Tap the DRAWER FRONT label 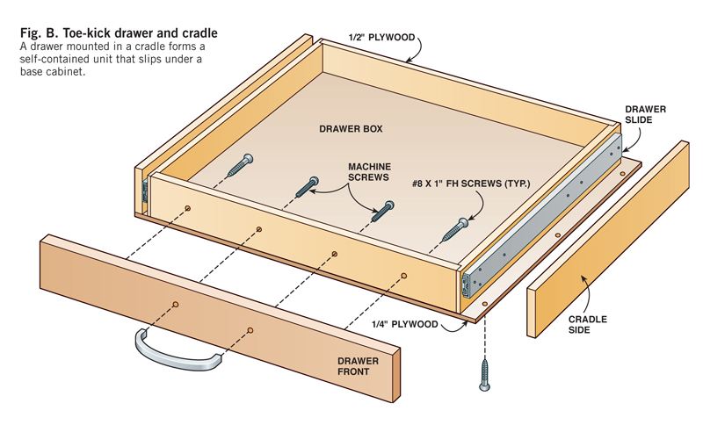pos(358,366)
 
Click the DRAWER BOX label pos(350,129)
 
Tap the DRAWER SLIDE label pos(645,114)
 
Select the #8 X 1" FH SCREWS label pos(470,184)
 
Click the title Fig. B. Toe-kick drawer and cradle pos(119,33)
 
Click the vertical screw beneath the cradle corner pos(484,374)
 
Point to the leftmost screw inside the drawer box pos(241,165)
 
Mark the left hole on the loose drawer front pos(175,304)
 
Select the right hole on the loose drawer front pos(250,330)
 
